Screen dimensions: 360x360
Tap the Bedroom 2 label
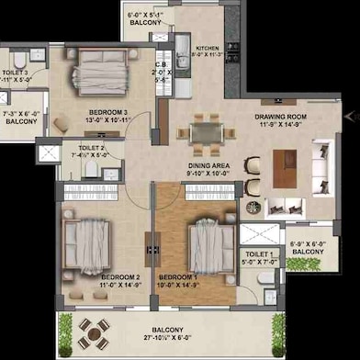click(x=120, y=276)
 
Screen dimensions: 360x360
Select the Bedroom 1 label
click(x=179, y=276)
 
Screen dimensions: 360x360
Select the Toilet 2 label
click(x=92, y=148)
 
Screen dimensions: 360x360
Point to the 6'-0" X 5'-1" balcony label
click(x=147, y=11)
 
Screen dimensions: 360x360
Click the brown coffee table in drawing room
click(x=286, y=169)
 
